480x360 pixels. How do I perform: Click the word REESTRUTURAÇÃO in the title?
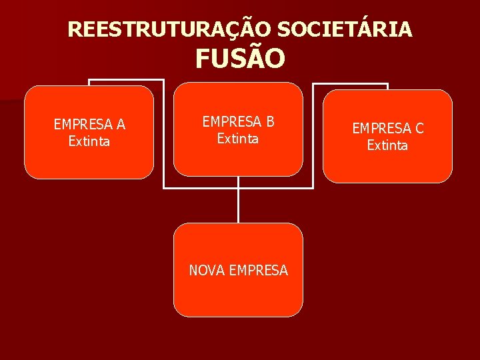170,29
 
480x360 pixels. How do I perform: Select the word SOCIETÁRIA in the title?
345,29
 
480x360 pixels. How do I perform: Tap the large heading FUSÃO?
240,59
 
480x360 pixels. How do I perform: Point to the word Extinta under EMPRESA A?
89,141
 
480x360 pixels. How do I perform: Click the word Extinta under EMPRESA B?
238,139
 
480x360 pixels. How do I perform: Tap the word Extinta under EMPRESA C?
387,145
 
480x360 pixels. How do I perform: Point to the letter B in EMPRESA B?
269,121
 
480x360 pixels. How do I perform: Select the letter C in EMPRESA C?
419,128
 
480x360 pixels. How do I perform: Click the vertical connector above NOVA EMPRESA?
238,205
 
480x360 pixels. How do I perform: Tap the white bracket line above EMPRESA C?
350,84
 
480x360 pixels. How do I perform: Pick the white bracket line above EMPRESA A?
127,81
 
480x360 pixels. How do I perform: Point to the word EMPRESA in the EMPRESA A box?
83,124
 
